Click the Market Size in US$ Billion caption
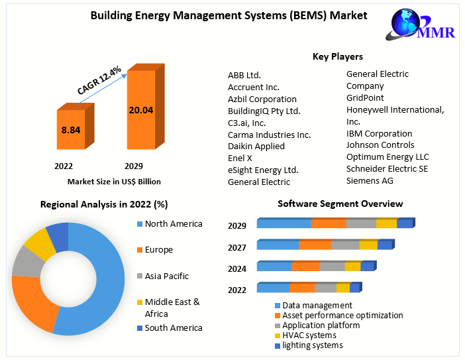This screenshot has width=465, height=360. (x=114, y=181)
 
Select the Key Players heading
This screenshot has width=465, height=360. (x=337, y=56)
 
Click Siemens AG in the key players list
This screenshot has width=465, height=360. (x=370, y=180)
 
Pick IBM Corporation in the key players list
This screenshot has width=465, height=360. (x=379, y=133)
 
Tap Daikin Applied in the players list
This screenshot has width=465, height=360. (x=256, y=146)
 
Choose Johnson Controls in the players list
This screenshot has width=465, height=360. (x=380, y=145)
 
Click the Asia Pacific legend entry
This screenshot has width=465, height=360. (x=166, y=276)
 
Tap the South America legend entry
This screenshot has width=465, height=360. (x=173, y=328)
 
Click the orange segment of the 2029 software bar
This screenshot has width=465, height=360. (x=329, y=223)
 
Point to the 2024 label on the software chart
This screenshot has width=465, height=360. (x=237, y=269)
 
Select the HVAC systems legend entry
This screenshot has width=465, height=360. (x=309, y=335)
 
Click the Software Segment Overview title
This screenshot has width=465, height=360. (x=340, y=204)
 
